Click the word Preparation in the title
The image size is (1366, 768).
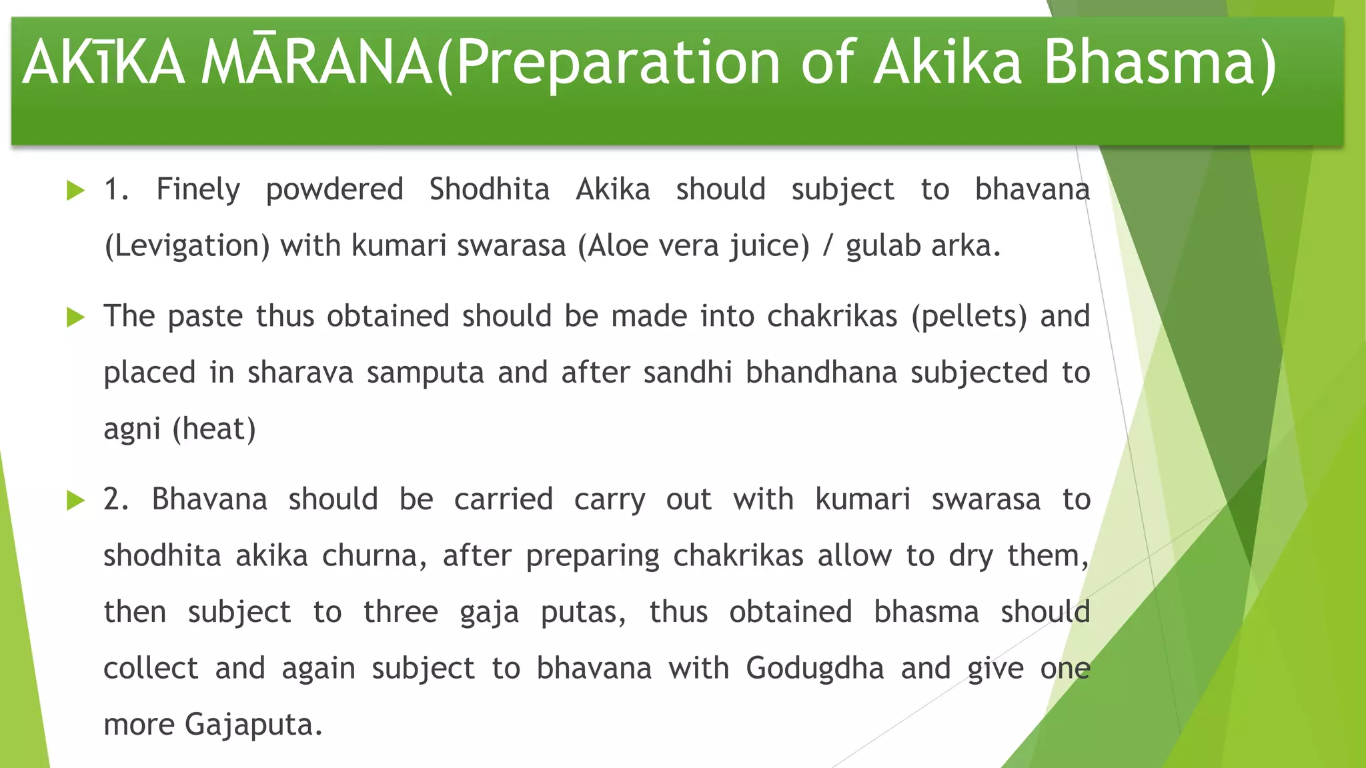(x=618, y=63)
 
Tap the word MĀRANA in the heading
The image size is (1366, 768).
(x=317, y=63)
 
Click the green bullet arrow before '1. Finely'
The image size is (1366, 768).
(x=75, y=191)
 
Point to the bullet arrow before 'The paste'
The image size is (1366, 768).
(x=75, y=317)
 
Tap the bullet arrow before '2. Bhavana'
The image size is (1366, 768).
(x=75, y=501)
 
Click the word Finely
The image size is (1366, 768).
(x=198, y=190)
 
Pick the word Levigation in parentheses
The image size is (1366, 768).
(x=187, y=247)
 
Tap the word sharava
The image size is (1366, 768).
(x=300, y=373)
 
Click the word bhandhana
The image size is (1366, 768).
(x=821, y=373)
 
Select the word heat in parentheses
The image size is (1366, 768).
(x=214, y=429)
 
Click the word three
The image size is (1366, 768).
(x=400, y=612)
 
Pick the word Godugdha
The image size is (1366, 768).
(x=814, y=669)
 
